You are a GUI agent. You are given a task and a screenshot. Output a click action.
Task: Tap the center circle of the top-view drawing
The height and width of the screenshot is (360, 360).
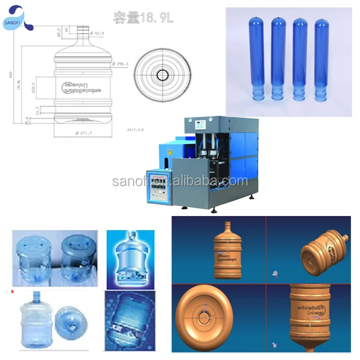click(164, 74)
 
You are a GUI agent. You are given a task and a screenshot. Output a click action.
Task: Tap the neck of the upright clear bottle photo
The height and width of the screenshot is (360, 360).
click(36, 296)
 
